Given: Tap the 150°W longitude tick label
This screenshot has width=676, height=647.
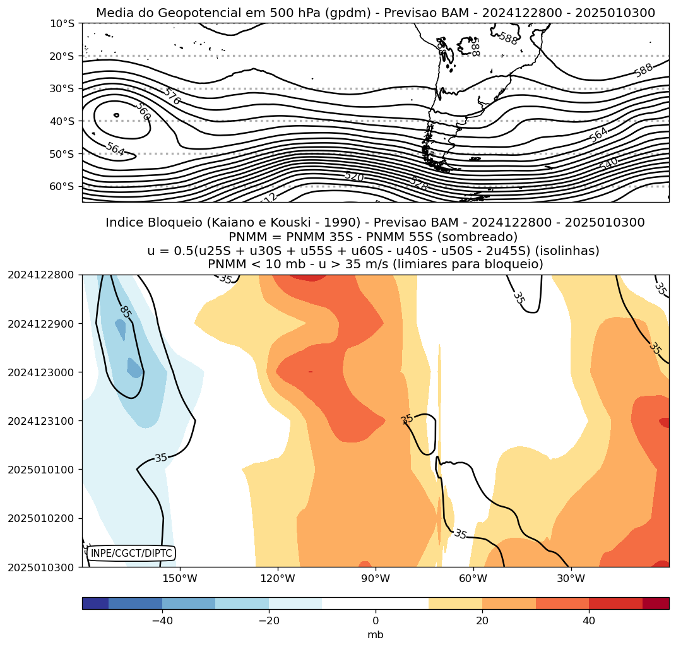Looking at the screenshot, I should tap(181, 578).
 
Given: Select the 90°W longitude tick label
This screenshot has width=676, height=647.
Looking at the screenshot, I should tap(376, 578).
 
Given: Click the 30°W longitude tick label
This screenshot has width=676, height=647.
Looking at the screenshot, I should tap(571, 578).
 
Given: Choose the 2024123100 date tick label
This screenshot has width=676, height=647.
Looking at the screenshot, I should tap(41, 420).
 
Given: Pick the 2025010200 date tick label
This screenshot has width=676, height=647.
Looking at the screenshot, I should tap(41, 518).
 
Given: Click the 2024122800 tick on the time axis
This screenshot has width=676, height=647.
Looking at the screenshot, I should tap(41, 275).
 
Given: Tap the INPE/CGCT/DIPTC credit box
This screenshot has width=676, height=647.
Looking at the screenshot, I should tap(131, 554).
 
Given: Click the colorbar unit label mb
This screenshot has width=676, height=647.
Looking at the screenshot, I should tap(376, 635).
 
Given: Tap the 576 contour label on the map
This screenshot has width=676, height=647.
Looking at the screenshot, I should tap(171, 97).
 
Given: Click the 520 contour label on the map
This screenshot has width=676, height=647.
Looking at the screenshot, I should tap(354, 177).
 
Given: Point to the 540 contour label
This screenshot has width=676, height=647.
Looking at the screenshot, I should tap(608, 163).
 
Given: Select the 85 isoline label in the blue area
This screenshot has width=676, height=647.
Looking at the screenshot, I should tap(125, 312).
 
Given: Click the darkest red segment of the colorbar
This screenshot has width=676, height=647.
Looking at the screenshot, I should tap(656, 603).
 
